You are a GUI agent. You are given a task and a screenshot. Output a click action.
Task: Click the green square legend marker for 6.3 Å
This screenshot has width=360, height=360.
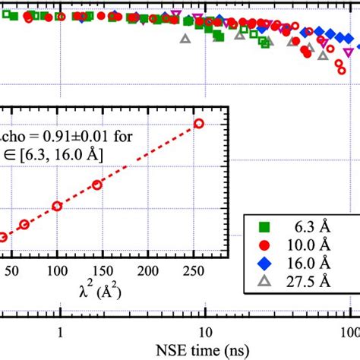click(x=263, y=226)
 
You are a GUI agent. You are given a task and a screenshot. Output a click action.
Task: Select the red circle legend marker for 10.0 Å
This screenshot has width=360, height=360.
click(x=263, y=245)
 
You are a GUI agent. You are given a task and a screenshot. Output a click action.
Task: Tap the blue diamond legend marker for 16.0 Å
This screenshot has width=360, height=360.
click(x=263, y=263)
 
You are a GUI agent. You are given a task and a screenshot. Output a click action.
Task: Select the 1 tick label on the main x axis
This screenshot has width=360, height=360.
click(x=60, y=331)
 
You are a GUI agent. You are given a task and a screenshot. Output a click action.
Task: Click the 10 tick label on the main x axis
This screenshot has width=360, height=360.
click(x=204, y=331)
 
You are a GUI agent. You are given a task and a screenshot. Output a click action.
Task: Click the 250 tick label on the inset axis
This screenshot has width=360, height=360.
click(x=198, y=272)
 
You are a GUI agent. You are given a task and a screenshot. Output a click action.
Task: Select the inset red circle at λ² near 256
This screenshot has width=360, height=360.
click(x=199, y=123)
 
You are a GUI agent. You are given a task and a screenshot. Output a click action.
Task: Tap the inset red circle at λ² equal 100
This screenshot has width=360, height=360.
click(x=57, y=206)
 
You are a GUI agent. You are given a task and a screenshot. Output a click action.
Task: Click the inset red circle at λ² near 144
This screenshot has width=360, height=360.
click(x=97, y=185)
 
